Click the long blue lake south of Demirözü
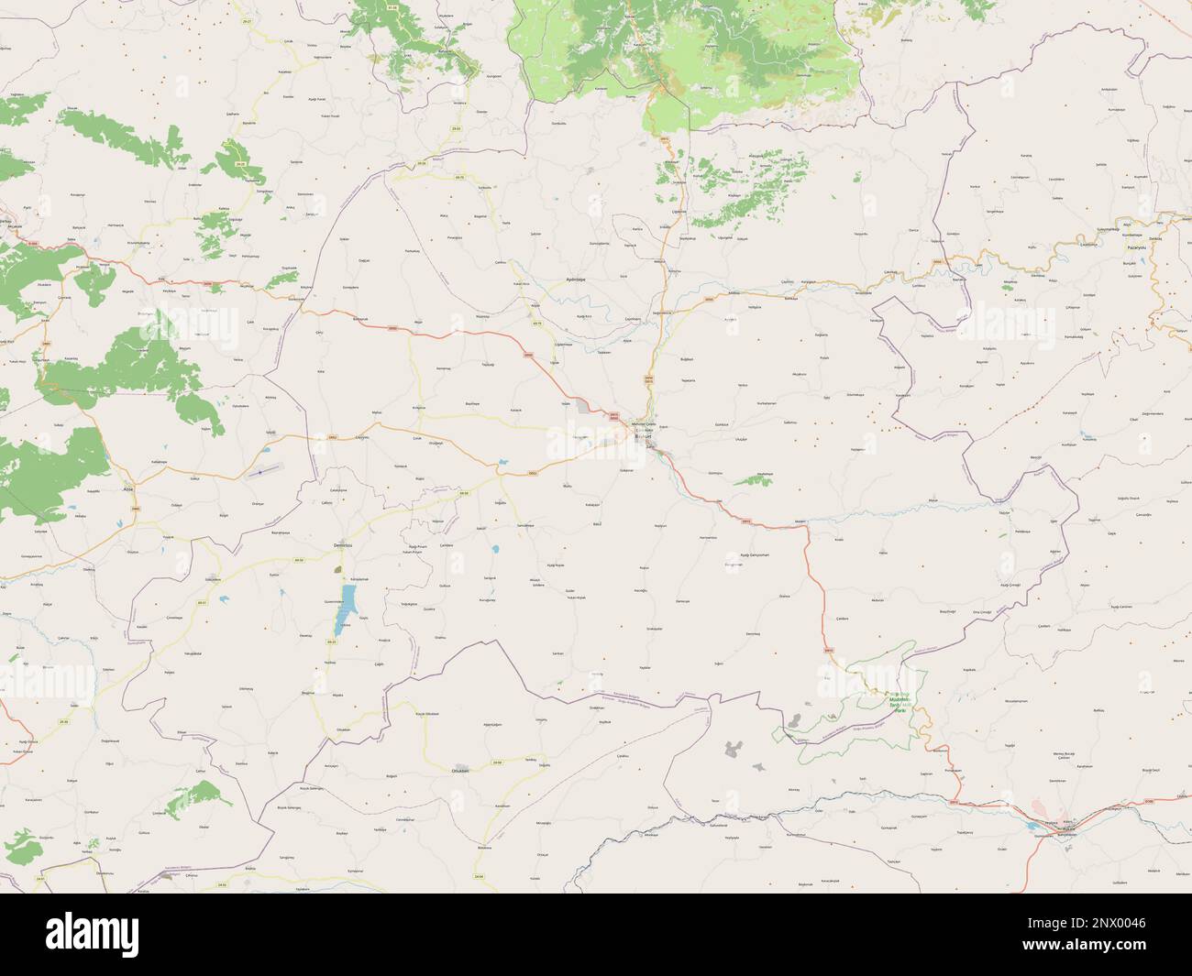tap(348, 604)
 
